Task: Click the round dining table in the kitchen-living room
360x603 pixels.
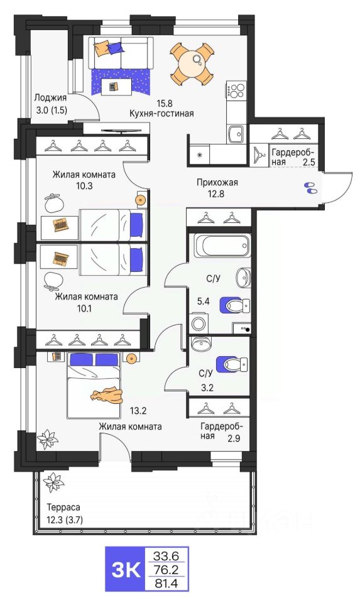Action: pyautogui.click(x=193, y=63)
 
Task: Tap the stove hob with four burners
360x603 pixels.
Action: pyautogui.click(x=236, y=90)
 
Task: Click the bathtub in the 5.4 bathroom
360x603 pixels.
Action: pyautogui.click(x=221, y=246)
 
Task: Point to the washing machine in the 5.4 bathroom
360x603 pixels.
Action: pyautogui.click(x=199, y=323)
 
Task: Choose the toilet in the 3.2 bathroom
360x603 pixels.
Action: pyautogui.click(x=232, y=364)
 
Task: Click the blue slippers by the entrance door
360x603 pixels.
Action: pyautogui.click(x=310, y=188)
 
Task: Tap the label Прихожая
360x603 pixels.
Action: pyautogui.click(x=217, y=182)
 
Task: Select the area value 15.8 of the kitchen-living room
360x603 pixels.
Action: pyautogui.click(x=164, y=103)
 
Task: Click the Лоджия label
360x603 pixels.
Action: pyautogui.click(x=50, y=98)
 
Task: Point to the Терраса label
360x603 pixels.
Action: pyautogui.click(x=63, y=508)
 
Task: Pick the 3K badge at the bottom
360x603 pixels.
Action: pyautogui.click(x=126, y=569)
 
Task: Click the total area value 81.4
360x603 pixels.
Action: pyautogui.click(x=166, y=584)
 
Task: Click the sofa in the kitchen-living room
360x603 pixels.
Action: pyautogui.click(x=121, y=53)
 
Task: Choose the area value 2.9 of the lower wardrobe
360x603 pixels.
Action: pyautogui.click(x=234, y=437)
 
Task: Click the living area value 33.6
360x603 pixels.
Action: pyautogui.click(x=166, y=555)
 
